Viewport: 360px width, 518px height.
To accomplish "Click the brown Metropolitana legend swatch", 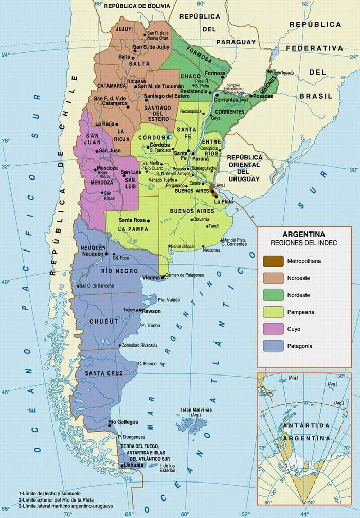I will (x=274, y=261).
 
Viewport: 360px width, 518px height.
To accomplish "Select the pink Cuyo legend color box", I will (x=274, y=329).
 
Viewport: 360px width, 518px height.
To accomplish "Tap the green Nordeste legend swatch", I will (x=274, y=295).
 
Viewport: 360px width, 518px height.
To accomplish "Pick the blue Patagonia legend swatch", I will (x=274, y=346).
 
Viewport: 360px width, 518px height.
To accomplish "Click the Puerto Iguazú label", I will (x=283, y=72).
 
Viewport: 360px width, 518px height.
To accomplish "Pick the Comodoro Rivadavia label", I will (x=139, y=345).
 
